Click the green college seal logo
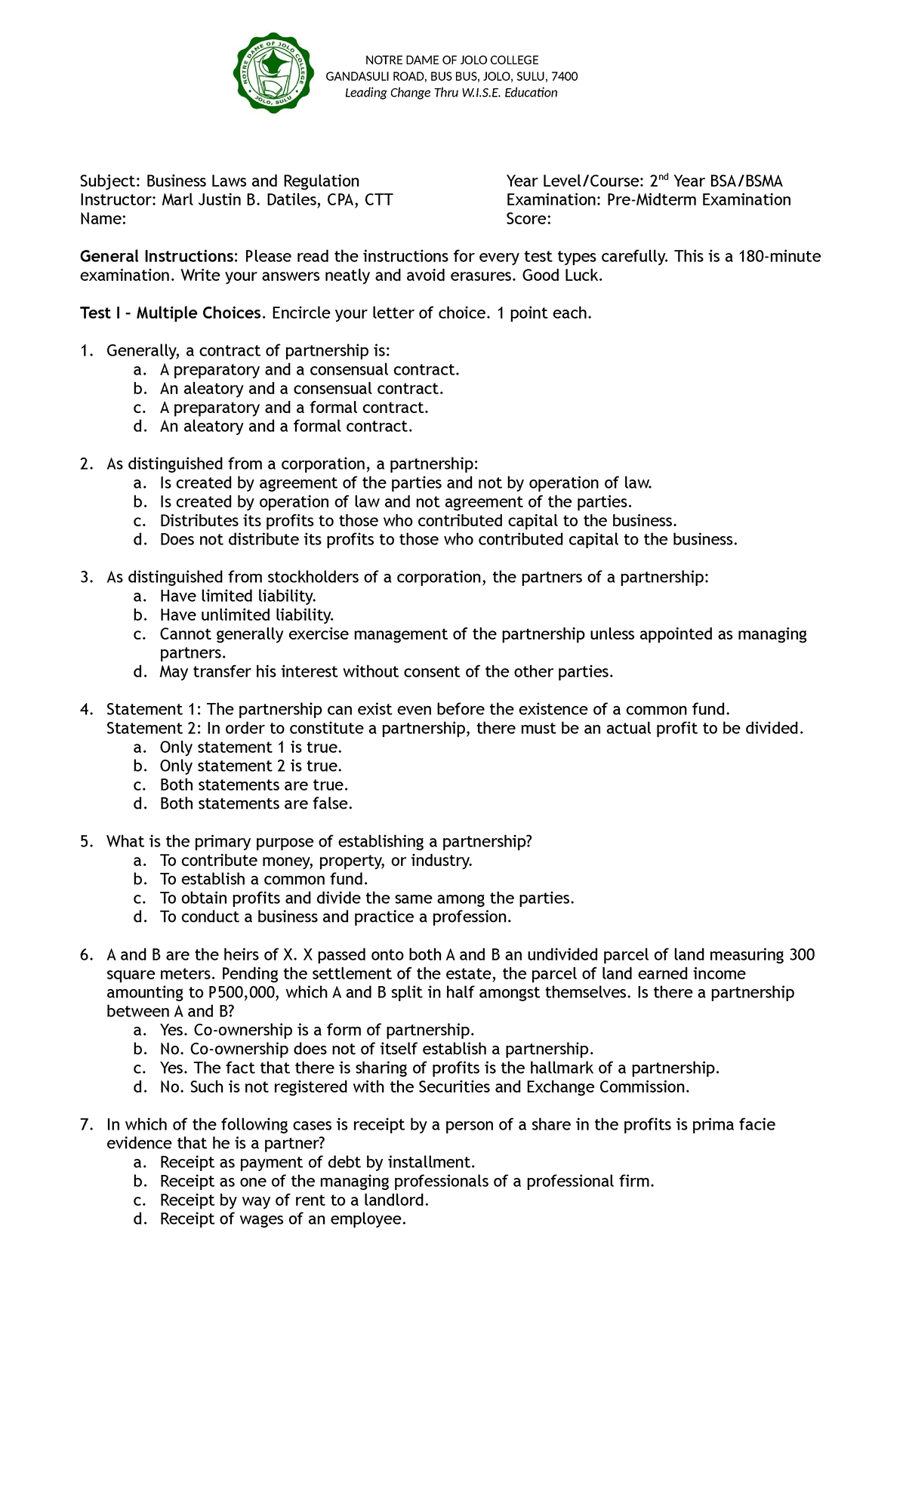pyautogui.click(x=273, y=76)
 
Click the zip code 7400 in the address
pyautogui.click(x=565, y=76)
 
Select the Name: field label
pyautogui.click(x=103, y=219)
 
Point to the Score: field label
pyautogui.click(x=528, y=219)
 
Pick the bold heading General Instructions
pyautogui.click(x=159, y=257)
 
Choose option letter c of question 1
pyautogui.click(x=138, y=408)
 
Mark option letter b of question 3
pyautogui.click(x=138, y=615)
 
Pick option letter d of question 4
pyautogui.click(x=138, y=804)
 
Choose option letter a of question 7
pyautogui.click(x=138, y=1163)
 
